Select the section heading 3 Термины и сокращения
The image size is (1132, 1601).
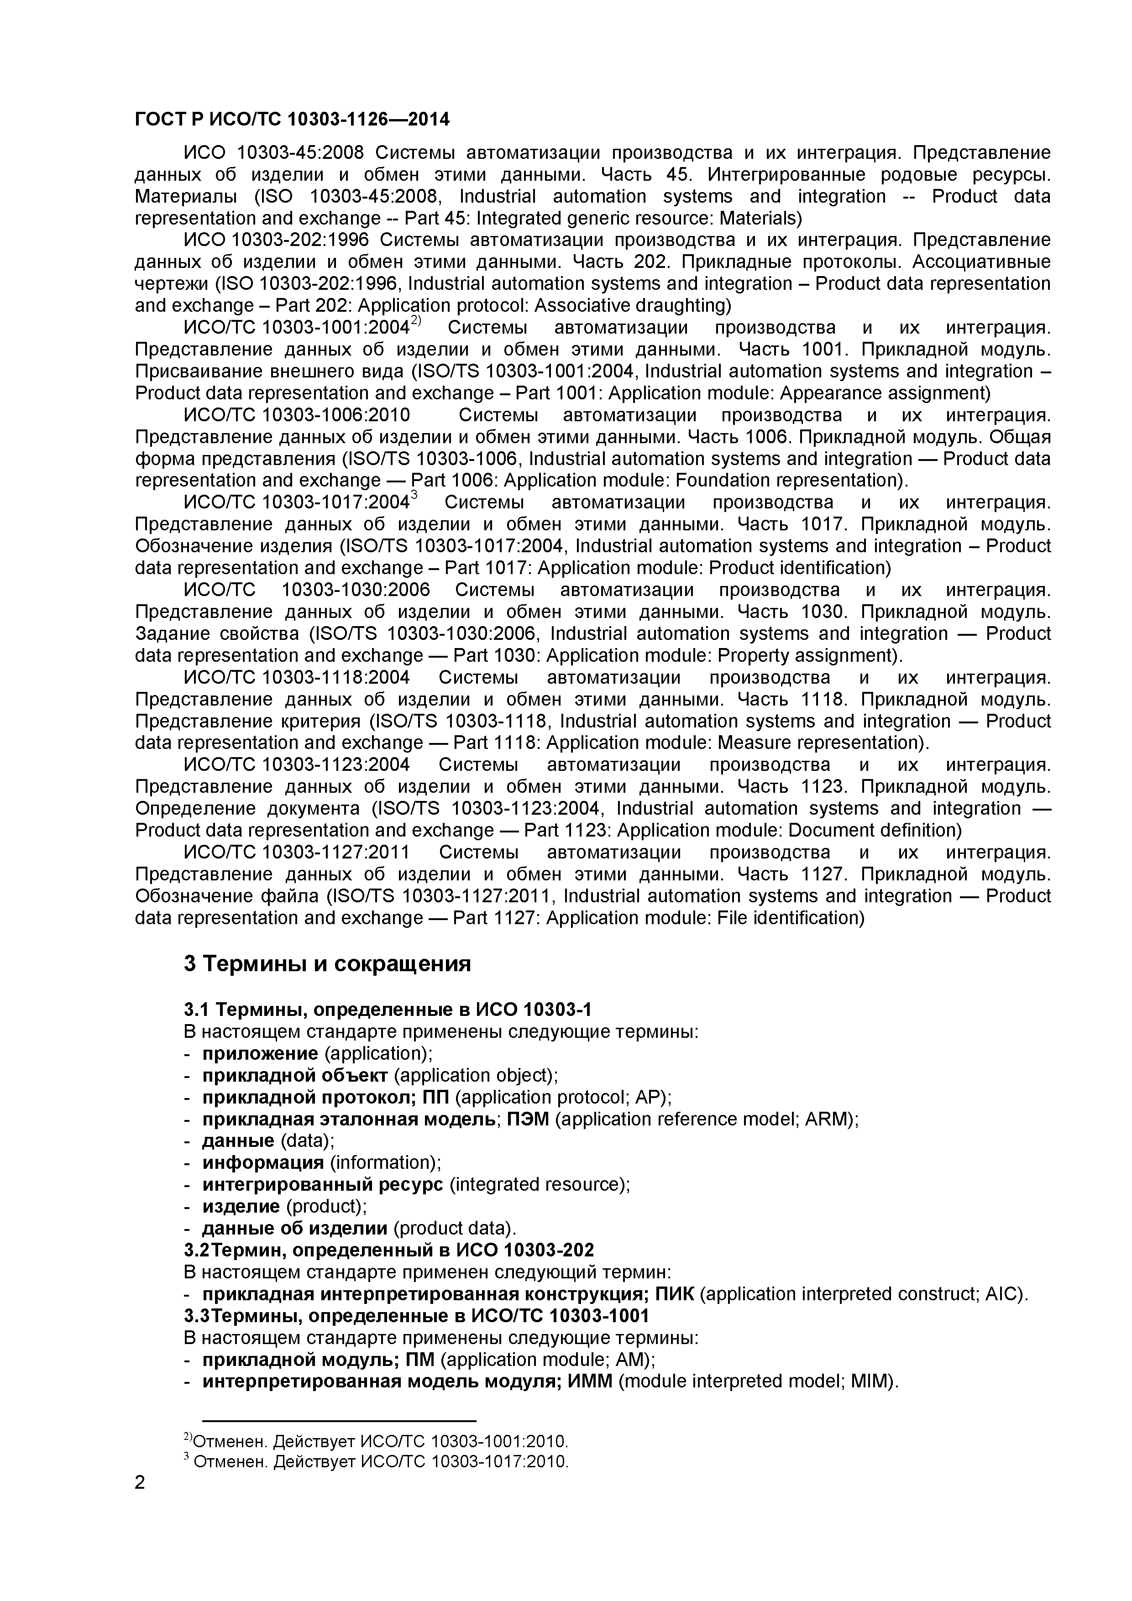tap(327, 964)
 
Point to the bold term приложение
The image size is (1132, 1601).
tap(259, 1053)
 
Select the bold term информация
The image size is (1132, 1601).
tap(263, 1162)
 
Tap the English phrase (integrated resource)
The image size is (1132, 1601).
tap(540, 1185)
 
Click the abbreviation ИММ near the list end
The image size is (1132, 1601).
tap(590, 1381)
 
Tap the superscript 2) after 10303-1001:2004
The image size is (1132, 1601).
tap(416, 321)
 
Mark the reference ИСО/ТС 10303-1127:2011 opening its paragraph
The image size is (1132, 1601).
tap(296, 852)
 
